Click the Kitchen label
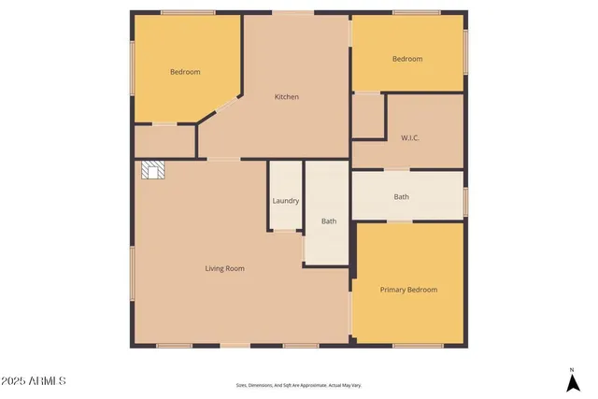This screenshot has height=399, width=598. [x=286, y=96]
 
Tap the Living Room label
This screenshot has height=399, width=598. [x=224, y=268]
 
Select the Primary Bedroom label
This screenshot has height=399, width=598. [x=408, y=290]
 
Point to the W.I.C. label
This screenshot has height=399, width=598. [x=409, y=137]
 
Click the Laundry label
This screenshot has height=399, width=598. [x=285, y=201]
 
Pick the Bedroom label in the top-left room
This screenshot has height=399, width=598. [x=185, y=72]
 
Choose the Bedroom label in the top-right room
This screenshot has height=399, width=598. [x=406, y=59]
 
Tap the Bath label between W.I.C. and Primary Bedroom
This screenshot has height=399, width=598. [x=401, y=197]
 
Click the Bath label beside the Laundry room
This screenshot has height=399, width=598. [x=329, y=221]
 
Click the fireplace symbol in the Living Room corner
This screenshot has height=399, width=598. [x=152, y=170]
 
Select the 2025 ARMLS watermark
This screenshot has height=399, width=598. [x=34, y=381]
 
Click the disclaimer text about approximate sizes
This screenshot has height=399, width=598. [x=298, y=385]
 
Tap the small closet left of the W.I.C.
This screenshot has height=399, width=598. [x=367, y=116]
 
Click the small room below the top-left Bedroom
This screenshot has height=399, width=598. [x=164, y=140]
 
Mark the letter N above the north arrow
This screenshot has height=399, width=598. [x=571, y=368]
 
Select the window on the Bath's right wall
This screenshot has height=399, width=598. [x=464, y=197]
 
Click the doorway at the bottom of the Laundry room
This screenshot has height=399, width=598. [x=285, y=230]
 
